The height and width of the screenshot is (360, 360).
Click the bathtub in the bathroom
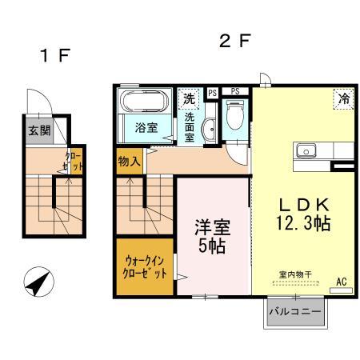(144, 102)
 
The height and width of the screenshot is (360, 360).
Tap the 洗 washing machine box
(188, 100)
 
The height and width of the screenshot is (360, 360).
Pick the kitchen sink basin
(306, 151)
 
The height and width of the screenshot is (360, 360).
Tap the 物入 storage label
(129, 162)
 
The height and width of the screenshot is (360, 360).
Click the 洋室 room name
(212, 226)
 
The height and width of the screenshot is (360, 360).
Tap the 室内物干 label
(294, 274)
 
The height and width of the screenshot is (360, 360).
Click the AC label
(341, 281)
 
